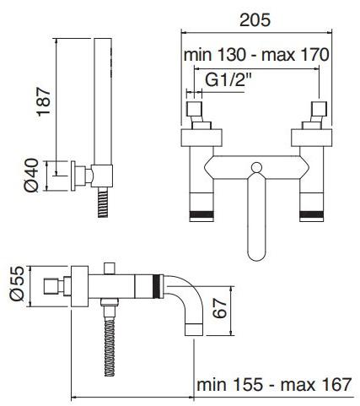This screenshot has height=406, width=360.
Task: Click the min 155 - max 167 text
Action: [274, 384]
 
